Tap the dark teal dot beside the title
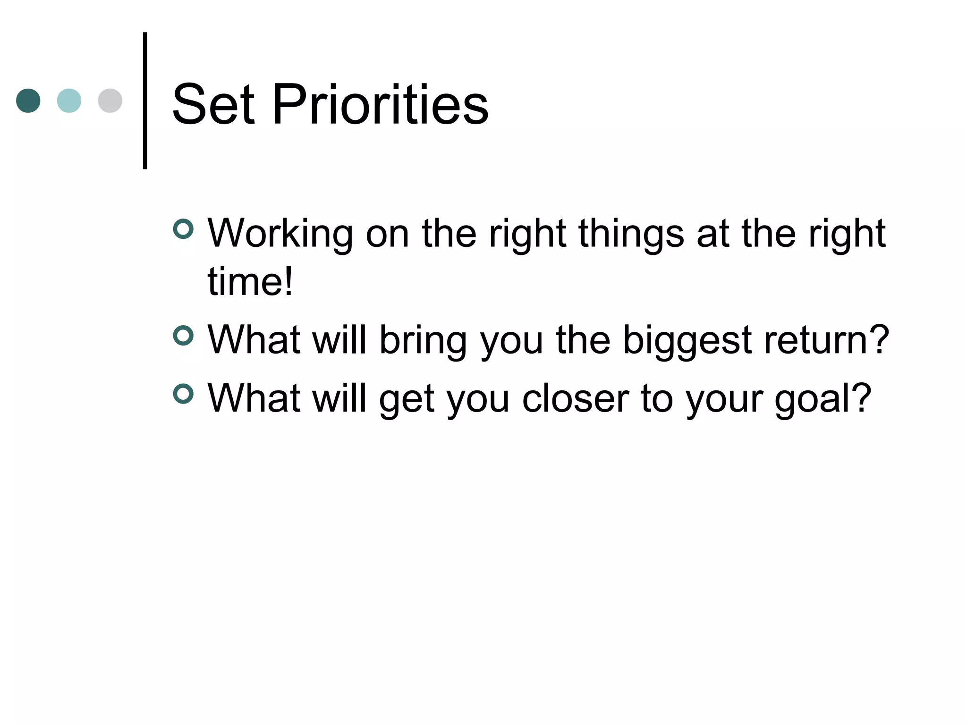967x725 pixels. (28, 101)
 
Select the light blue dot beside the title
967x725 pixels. (69, 101)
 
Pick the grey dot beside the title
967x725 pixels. (110, 101)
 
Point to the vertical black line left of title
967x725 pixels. (145, 101)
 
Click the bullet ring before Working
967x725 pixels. (183, 229)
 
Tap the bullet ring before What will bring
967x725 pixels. (183, 336)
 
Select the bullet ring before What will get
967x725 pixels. (183, 394)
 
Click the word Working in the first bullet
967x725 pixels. (280, 234)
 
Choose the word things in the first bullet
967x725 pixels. (631, 234)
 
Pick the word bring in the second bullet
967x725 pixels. (423, 340)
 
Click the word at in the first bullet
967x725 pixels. (713, 234)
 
